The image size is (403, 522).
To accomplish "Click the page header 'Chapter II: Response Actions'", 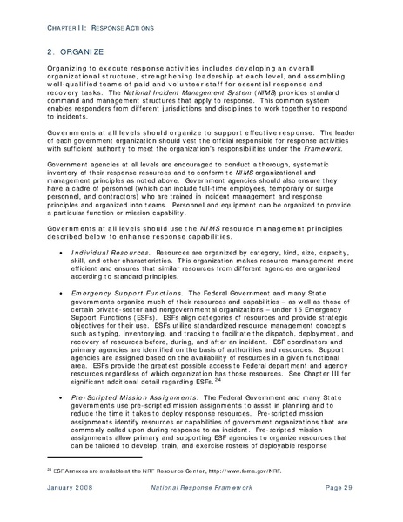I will [96, 28].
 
